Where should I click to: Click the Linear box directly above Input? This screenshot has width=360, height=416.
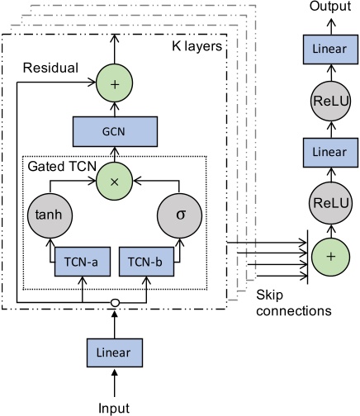point(114,353)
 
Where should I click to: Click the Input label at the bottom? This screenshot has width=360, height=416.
point(114,407)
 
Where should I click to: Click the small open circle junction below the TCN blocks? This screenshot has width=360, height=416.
point(114,304)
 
